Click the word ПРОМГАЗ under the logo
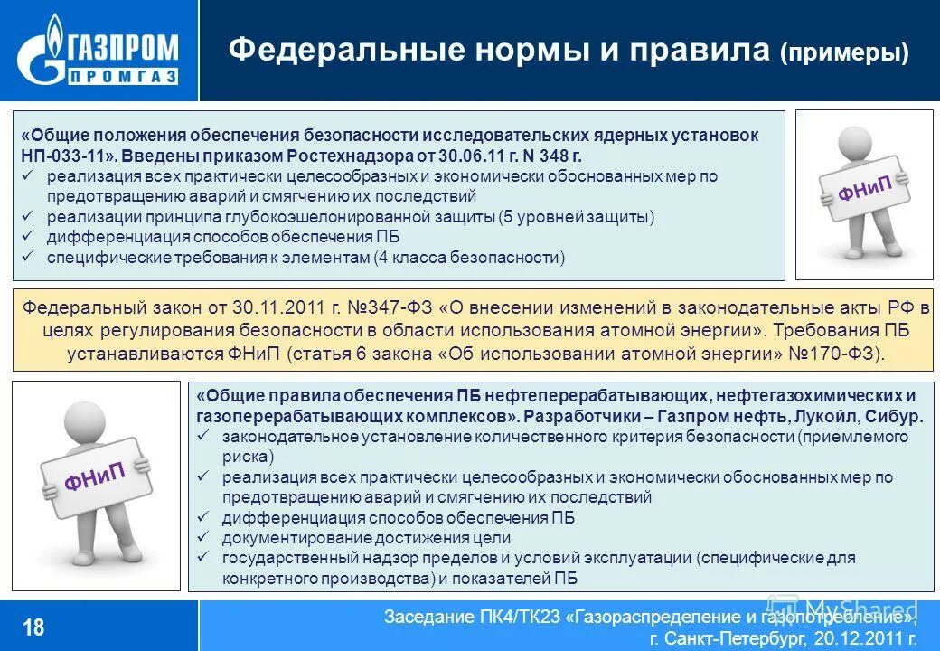122,75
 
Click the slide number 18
33,627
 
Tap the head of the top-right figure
854,145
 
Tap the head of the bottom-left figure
77,420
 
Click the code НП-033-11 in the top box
64,155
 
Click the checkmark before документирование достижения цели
204,537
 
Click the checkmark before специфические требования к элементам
29,258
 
